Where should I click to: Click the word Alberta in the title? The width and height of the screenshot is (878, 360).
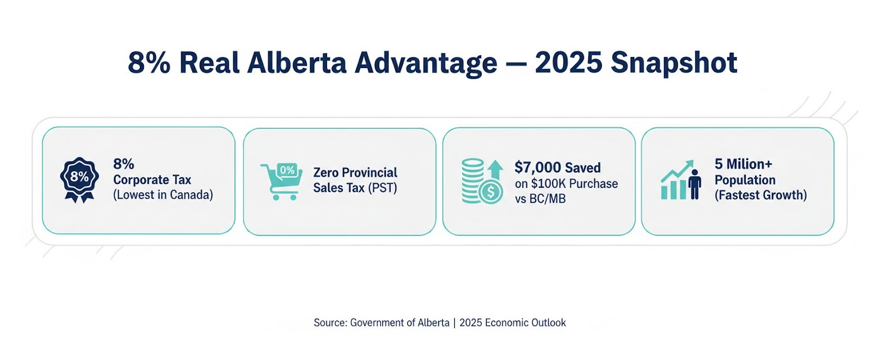click(x=296, y=63)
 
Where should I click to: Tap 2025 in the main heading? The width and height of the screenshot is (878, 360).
click(x=569, y=63)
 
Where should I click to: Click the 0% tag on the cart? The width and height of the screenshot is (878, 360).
click(x=287, y=171)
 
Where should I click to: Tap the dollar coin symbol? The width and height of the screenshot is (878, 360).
click(x=491, y=192)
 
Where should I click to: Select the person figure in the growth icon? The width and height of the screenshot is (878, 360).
click(x=695, y=184)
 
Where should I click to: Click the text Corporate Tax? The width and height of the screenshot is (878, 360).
click(x=152, y=180)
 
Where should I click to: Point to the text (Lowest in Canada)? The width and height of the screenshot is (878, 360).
click(x=163, y=195)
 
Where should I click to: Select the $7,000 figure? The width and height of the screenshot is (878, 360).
click(x=538, y=167)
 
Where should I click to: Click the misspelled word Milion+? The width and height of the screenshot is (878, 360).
click(x=749, y=164)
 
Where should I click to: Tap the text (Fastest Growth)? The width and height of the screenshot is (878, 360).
click(x=761, y=195)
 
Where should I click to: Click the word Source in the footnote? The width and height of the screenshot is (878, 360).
click(x=329, y=323)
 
